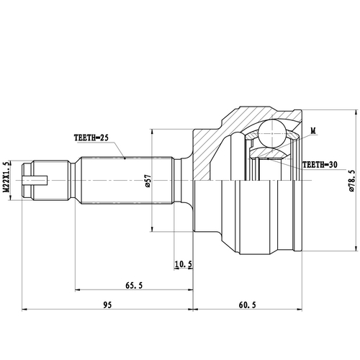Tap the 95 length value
107,305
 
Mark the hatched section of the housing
216,140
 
